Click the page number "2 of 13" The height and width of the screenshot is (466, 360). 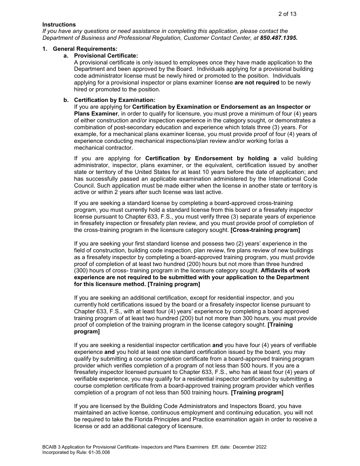click(287, 14)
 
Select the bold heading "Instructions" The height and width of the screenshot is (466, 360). click(59, 25)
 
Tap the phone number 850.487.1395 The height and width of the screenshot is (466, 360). click(279, 38)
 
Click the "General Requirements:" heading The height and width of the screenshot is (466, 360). click(85, 49)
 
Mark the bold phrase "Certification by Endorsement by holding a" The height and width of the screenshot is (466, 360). click(211, 158)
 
